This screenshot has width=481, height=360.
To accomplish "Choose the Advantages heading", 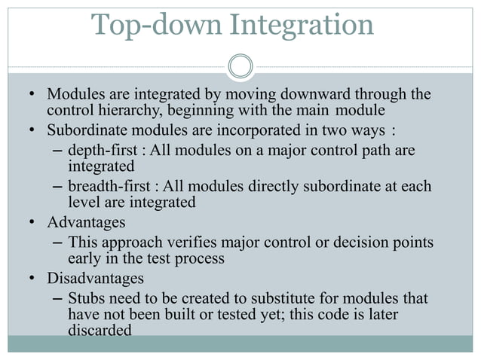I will (85, 223).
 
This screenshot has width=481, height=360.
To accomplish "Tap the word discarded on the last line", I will (99, 331).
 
